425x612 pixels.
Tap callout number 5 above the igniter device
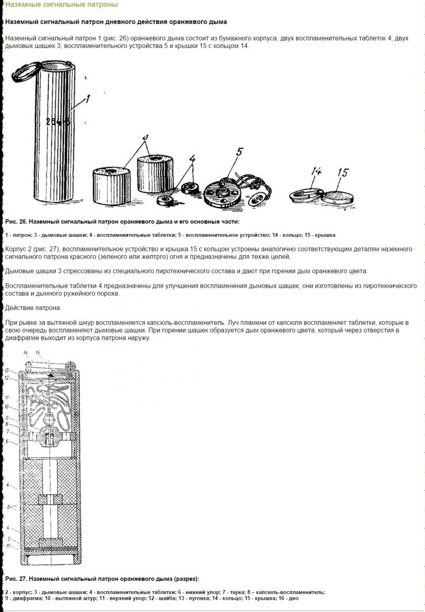click(240, 151)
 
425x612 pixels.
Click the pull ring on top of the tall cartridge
click(26, 69)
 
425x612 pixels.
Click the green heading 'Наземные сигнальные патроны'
click(61, 5)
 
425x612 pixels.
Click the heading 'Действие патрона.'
click(33, 309)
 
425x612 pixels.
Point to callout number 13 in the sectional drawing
click(8, 370)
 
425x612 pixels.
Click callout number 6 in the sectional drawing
click(8, 441)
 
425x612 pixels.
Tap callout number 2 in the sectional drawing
click(8, 539)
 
